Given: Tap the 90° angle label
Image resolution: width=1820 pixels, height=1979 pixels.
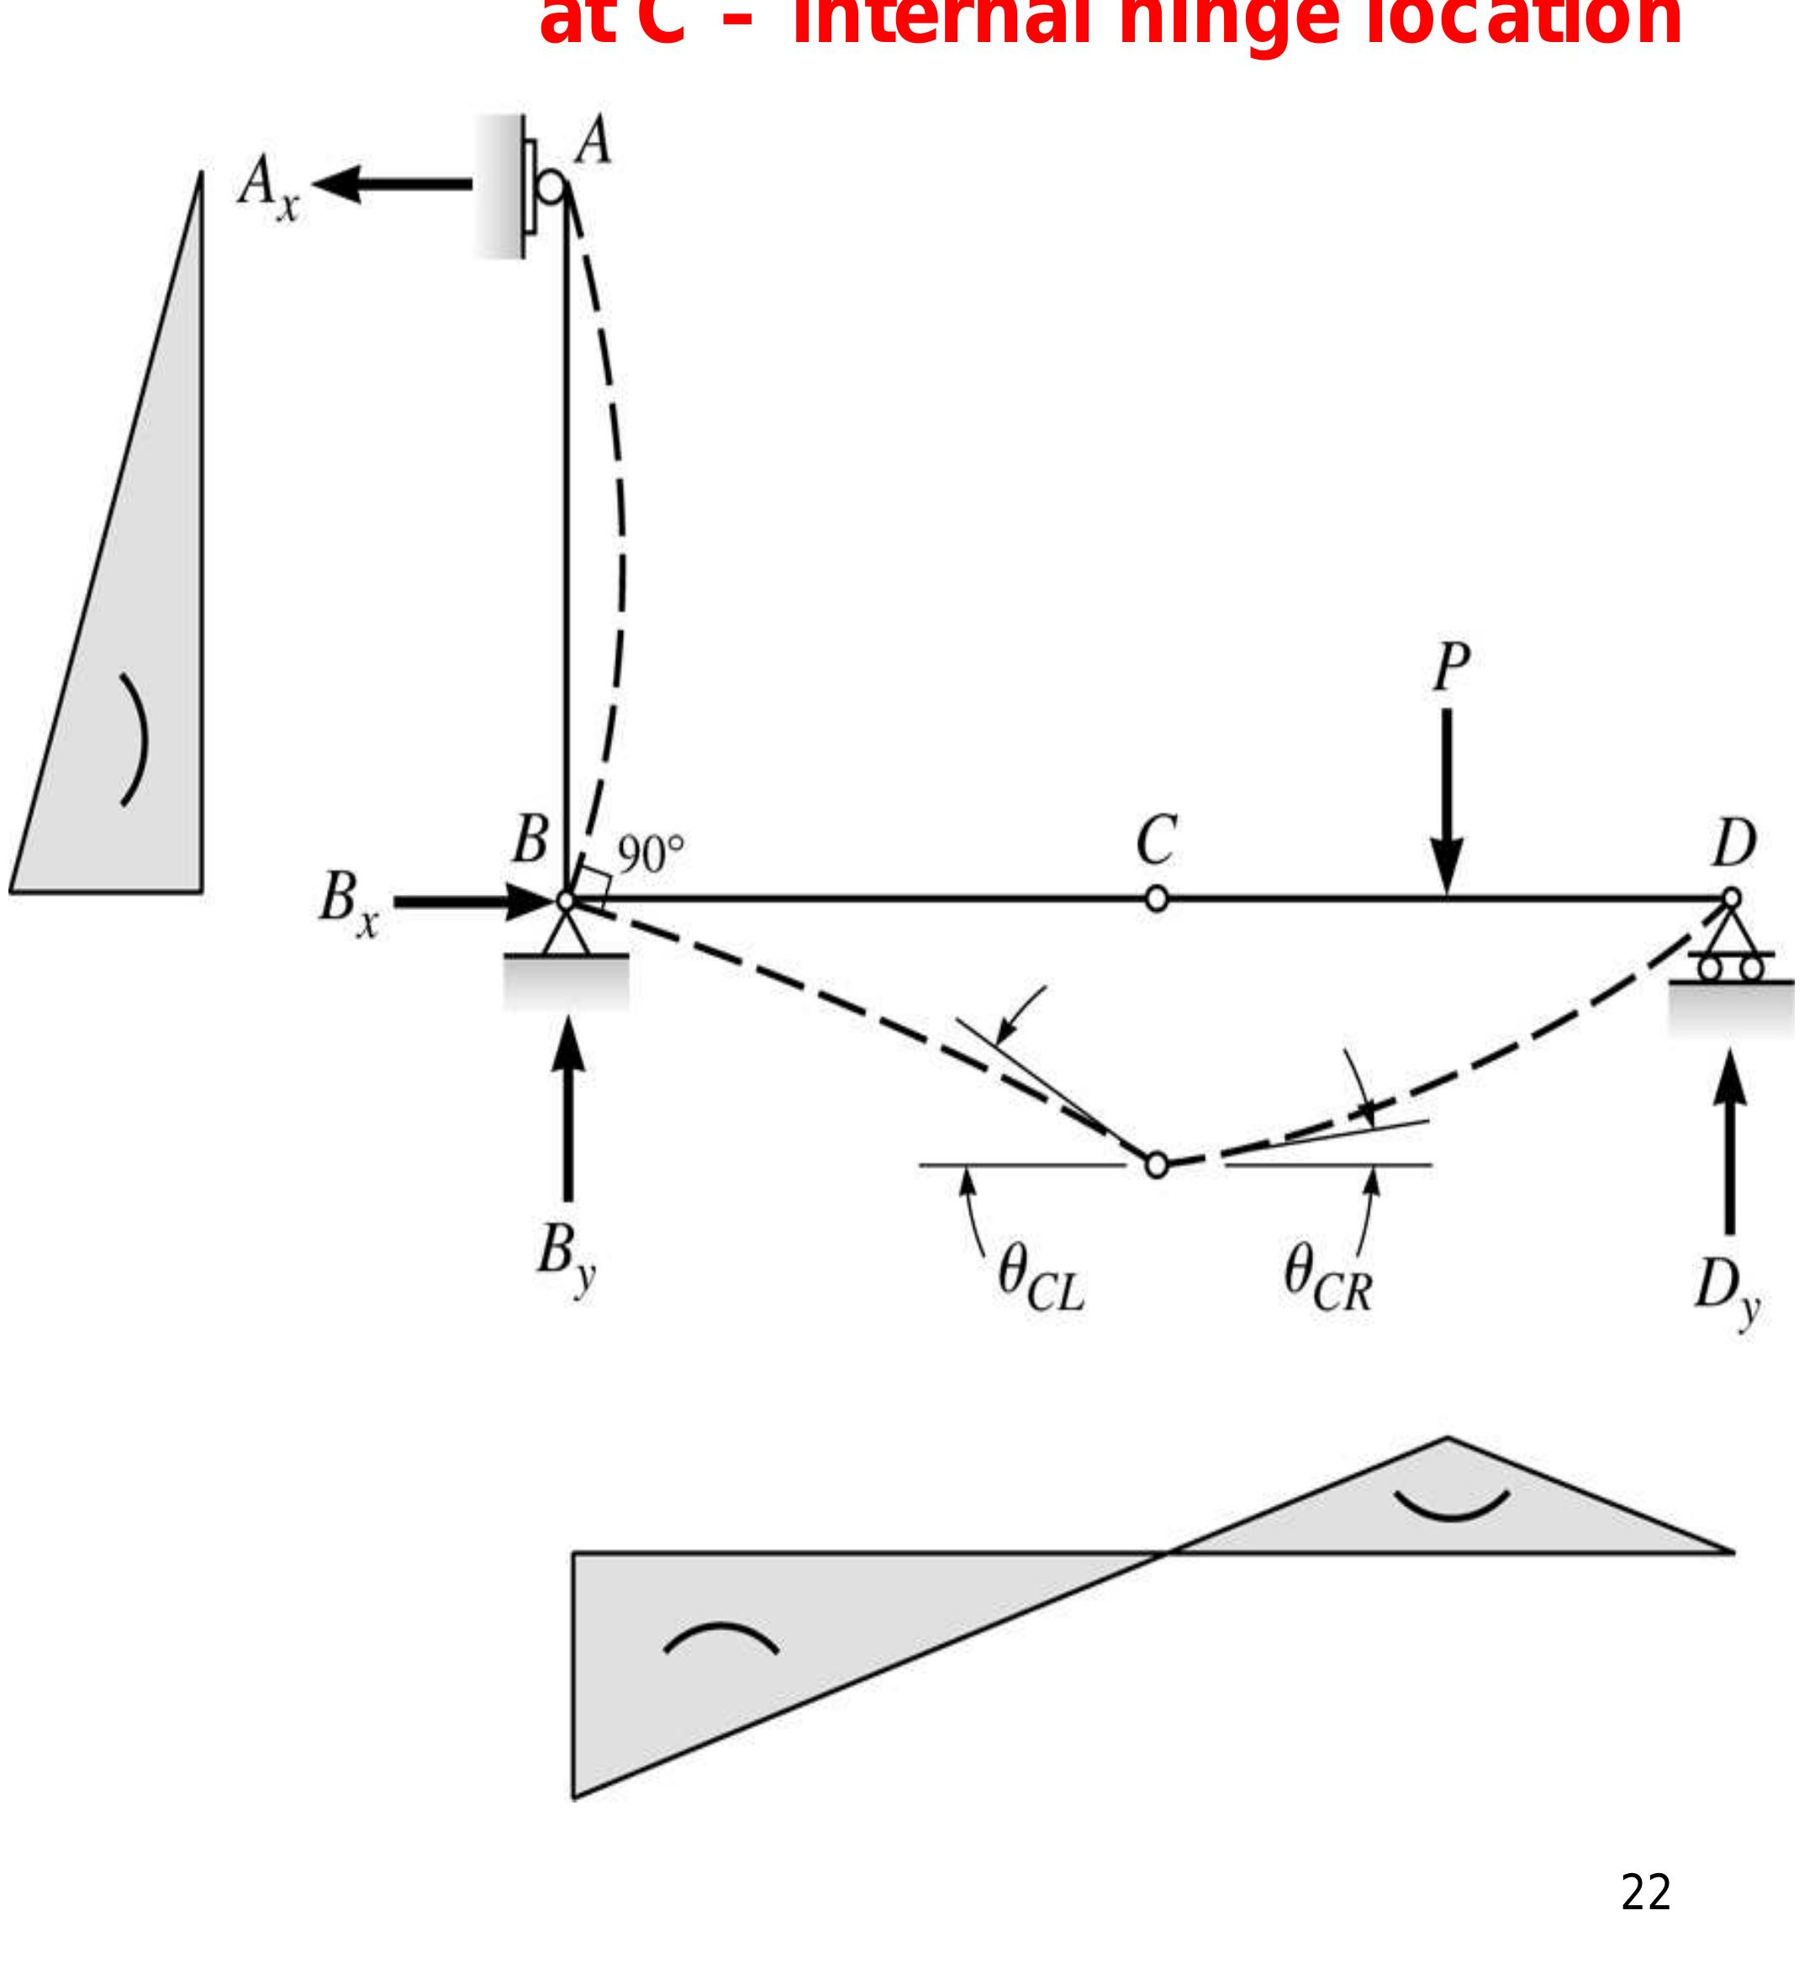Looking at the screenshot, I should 650,855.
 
